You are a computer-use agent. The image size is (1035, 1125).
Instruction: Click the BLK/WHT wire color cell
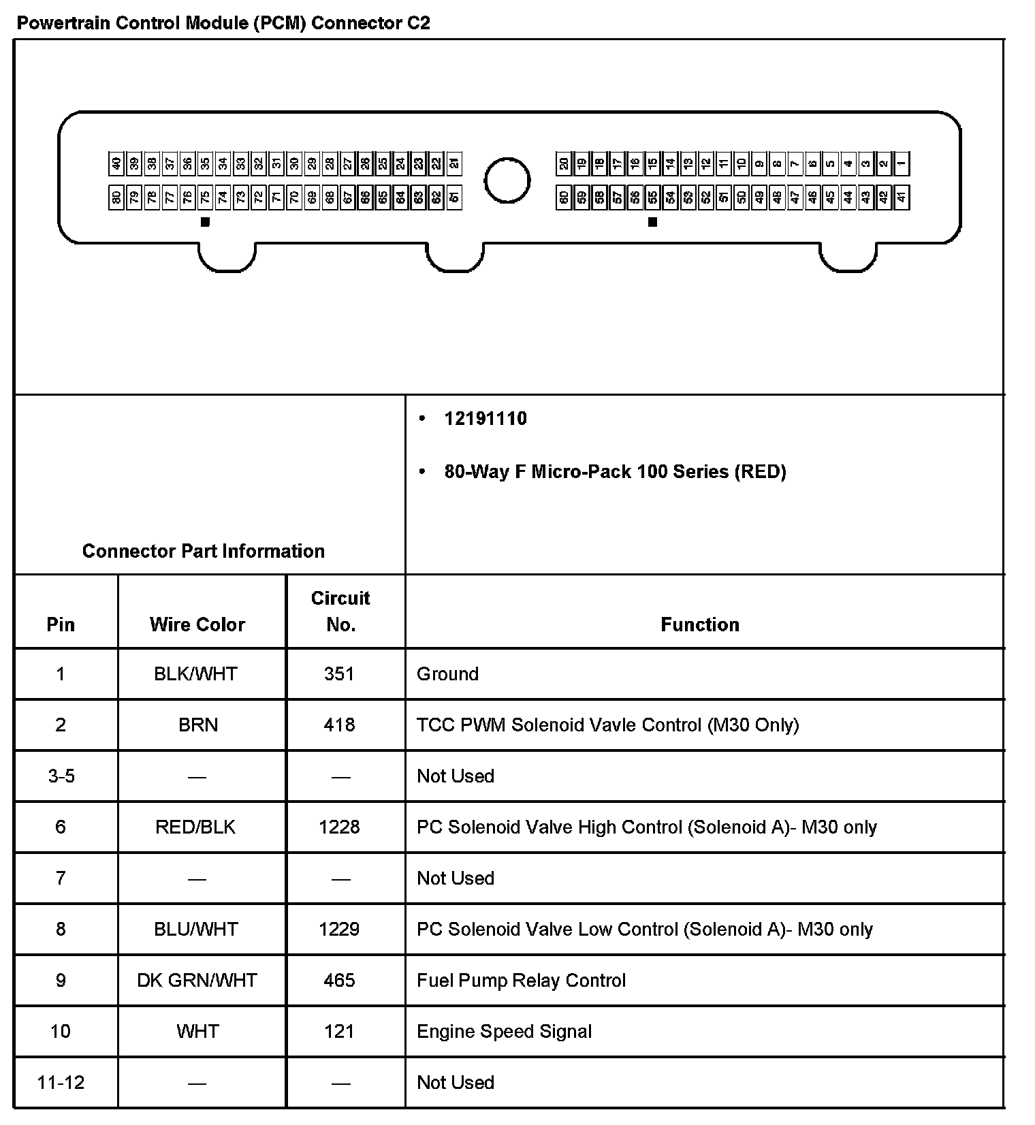(196, 674)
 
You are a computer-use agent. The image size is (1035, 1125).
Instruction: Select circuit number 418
(339, 725)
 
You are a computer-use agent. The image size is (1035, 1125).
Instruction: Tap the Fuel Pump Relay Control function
(521, 981)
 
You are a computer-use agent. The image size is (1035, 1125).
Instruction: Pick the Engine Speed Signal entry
(504, 1032)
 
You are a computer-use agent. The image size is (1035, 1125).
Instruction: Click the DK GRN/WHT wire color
(197, 981)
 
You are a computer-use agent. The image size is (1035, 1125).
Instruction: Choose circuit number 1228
(339, 827)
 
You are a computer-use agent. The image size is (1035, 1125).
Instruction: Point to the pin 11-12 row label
(61, 1083)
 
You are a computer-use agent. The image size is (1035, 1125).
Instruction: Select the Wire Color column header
(197, 624)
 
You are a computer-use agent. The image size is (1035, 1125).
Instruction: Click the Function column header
(700, 624)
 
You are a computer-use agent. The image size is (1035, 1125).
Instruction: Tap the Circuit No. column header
(340, 611)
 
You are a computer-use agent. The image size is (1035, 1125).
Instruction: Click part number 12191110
(485, 418)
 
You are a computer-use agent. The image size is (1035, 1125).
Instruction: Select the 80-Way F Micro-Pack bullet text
(615, 472)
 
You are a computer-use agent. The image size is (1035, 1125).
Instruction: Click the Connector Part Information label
(203, 551)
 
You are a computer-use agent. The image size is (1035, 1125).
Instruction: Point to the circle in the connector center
(507, 180)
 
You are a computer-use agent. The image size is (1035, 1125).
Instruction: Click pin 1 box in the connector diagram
(902, 163)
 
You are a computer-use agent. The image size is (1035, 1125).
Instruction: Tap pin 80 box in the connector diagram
(116, 198)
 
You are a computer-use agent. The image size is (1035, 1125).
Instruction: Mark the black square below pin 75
(205, 221)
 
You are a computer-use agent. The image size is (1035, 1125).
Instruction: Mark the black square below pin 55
(652, 221)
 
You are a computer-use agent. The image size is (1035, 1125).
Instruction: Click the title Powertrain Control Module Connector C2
(223, 23)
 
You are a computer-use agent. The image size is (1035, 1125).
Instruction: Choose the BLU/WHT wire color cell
(196, 930)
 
